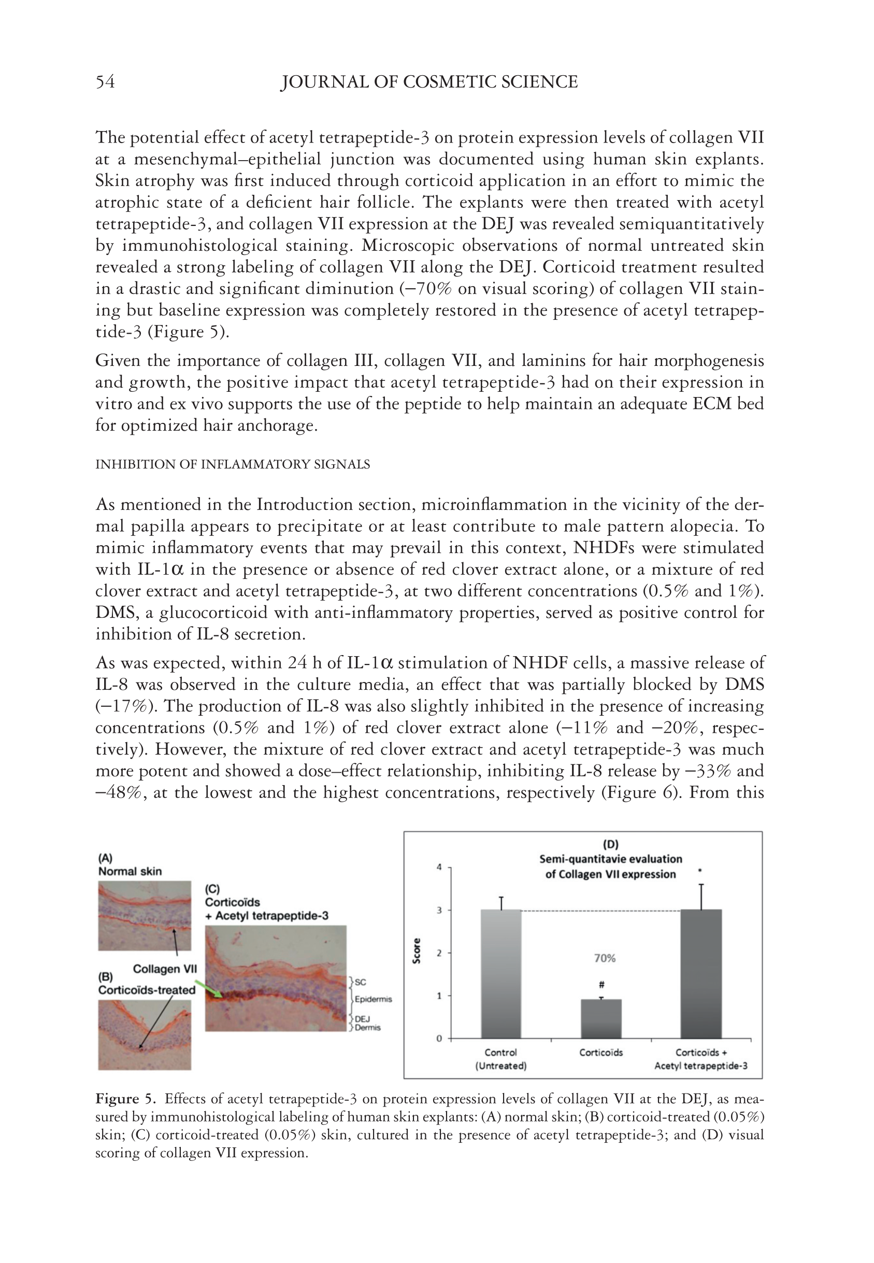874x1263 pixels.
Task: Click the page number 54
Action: tap(105, 82)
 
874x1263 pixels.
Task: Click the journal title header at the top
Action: tap(429, 82)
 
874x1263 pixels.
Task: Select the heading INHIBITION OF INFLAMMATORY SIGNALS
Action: tap(232, 464)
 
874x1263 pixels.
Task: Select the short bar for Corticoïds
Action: tap(601, 1018)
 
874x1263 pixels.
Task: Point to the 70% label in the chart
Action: tap(605, 958)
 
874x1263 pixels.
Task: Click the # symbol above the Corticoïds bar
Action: tap(601, 984)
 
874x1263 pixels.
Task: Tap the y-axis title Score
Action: tap(417, 951)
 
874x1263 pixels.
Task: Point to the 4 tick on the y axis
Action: tap(439, 867)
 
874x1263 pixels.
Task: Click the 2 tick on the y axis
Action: tap(439, 953)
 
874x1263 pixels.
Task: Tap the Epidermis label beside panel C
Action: tap(374, 999)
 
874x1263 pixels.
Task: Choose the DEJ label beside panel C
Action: tap(363, 1019)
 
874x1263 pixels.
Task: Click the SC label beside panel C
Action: tap(361, 983)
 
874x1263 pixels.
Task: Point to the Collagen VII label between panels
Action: tap(165, 969)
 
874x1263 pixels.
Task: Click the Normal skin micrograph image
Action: tap(145, 915)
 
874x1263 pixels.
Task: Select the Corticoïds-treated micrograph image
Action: tap(145, 1034)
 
